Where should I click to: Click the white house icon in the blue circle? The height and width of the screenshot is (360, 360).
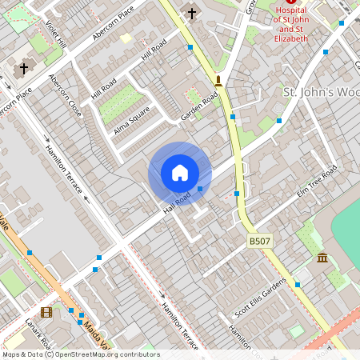coord(180,173)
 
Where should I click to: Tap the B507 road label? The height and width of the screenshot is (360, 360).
coord(259,240)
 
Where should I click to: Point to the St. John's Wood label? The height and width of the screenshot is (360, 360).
coord(321,92)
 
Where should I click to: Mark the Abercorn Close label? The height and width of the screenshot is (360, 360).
coord(65,96)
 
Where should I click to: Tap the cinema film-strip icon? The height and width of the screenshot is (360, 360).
coord(46,312)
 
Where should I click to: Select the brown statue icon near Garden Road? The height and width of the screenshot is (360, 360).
coord(218,80)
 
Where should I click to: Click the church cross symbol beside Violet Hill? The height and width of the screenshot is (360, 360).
coord(24,68)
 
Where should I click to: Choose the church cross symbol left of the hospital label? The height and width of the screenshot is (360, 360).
coord(191,13)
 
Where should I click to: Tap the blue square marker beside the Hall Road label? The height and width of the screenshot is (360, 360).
coord(200,189)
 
